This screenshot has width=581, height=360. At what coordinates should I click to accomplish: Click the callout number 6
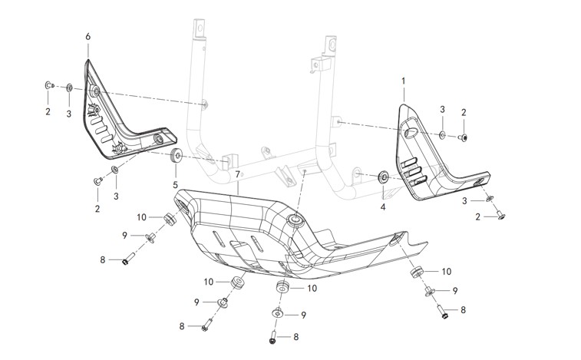tap(87, 36)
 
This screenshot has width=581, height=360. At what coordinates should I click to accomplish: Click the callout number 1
tap(404, 81)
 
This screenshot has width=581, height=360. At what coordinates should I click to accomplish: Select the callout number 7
tap(237, 174)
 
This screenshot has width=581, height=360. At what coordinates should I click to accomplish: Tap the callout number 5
tap(175, 185)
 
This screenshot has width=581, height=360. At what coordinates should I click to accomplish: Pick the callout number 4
tap(383, 207)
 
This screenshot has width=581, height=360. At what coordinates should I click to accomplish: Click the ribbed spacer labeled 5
tap(176, 155)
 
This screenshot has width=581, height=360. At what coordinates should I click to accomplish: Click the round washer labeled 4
tap(383, 177)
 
